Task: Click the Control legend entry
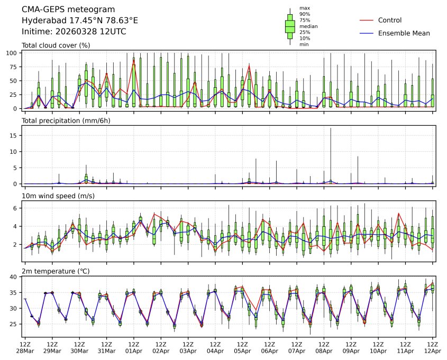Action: pyautogui.click(x=390, y=20)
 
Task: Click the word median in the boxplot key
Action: pyautogui.click(x=308, y=26)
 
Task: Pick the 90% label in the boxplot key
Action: pyautogui.click(x=305, y=14)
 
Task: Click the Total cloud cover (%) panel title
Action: pyautogui.click(x=56, y=45)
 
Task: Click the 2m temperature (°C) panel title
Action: pyautogui.click(x=56, y=271)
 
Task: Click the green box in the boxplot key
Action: pyautogui.click(x=290, y=26)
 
